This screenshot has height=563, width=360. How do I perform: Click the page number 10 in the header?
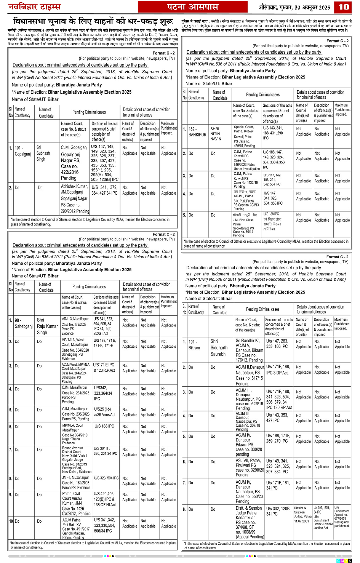(344, 7)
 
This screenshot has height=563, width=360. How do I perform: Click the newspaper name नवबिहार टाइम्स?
(35, 7)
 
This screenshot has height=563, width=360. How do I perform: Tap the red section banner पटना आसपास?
(192, 7)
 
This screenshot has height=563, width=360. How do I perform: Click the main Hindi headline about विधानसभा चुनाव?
(93, 21)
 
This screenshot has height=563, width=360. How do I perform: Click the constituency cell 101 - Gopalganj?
(22, 150)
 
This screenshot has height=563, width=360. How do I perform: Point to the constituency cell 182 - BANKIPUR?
(197, 132)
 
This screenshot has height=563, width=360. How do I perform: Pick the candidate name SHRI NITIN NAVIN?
(216, 134)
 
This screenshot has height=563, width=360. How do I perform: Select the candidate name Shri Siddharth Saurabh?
(219, 348)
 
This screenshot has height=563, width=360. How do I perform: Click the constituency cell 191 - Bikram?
(194, 345)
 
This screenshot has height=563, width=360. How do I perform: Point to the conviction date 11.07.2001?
(301, 521)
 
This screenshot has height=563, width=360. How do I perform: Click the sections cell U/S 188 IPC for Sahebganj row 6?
(104, 426)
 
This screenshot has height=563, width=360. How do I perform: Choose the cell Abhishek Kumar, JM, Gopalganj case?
(75, 198)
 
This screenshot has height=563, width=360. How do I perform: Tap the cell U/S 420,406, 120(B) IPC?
(105, 499)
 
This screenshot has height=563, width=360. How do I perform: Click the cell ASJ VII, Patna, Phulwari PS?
(249, 467)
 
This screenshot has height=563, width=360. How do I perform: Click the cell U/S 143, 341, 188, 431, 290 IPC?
(273, 133)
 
